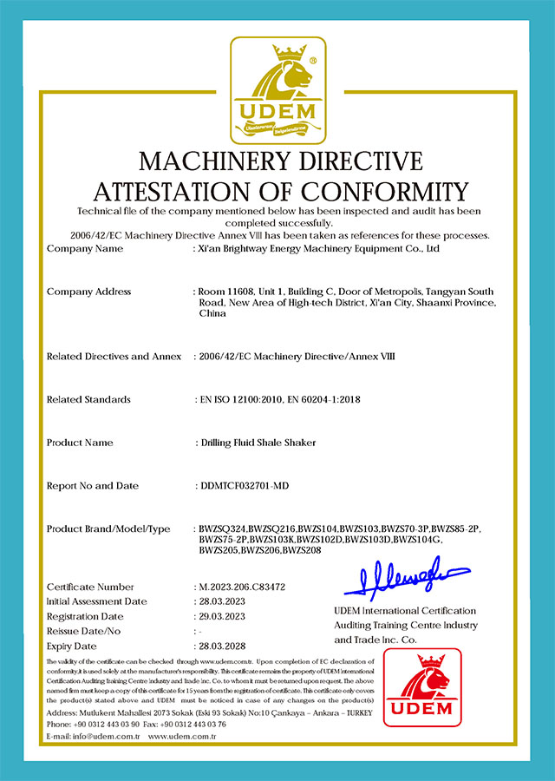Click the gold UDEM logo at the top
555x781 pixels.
tap(277, 90)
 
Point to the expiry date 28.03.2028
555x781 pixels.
tap(223, 646)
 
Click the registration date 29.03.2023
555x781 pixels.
tap(223, 616)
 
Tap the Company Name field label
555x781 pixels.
tap(85, 249)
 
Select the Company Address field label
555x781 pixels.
tap(88, 292)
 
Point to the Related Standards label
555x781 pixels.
tap(88, 399)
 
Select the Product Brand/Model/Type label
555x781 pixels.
tap(108, 529)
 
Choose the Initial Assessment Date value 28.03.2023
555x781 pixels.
tap(223, 601)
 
